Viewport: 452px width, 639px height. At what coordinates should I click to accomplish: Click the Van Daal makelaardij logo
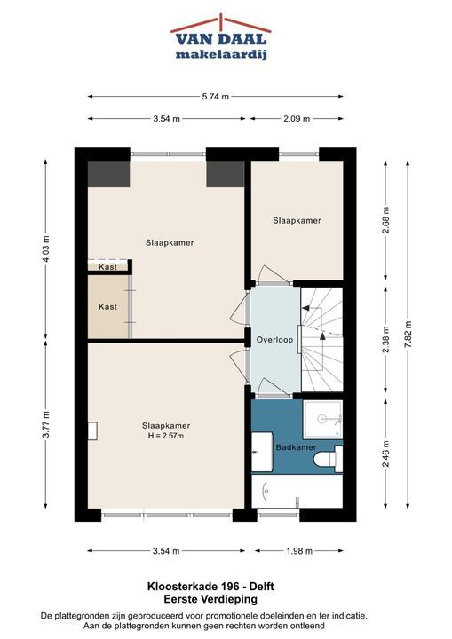[x=221, y=37]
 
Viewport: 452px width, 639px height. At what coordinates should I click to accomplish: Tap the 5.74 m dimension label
[x=216, y=97]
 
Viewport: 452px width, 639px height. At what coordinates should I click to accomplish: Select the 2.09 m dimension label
[x=297, y=119]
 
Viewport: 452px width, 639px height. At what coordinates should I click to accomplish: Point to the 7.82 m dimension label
[x=408, y=335]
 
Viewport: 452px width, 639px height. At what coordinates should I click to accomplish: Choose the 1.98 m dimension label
[x=299, y=551]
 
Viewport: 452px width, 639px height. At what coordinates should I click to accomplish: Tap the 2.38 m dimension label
[x=386, y=339]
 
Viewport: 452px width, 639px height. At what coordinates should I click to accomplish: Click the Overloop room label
[x=274, y=339]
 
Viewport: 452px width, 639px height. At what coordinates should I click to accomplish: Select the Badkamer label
[x=297, y=447]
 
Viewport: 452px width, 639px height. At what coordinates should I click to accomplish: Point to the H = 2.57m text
[x=166, y=436]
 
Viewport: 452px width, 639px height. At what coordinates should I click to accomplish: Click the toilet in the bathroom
[x=328, y=459]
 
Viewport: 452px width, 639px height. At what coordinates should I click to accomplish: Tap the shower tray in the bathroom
[x=322, y=419]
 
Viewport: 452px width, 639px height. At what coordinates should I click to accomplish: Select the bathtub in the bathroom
[x=297, y=491]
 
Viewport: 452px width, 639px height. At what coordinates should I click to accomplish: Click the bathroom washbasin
[x=262, y=451]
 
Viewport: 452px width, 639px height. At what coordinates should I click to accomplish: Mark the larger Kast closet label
[x=107, y=306]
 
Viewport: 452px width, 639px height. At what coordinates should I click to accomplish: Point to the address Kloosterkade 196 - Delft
[x=210, y=587]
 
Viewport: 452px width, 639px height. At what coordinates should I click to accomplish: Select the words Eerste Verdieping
[x=210, y=599]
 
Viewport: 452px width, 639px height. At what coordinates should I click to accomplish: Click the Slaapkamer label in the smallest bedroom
[x=297, y=220]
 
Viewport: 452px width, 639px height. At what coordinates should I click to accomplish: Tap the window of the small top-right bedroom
[x=298, y=154]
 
